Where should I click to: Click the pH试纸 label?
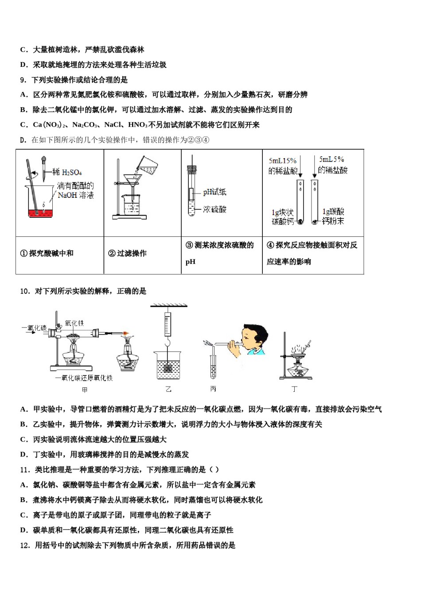[214, 192]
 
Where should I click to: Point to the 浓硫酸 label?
[214, 209]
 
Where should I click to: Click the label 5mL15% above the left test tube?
[282, 161]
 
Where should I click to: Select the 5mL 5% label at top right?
[331, 159]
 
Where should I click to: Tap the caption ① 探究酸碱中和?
[47, 253]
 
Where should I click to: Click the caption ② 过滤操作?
[127, 253]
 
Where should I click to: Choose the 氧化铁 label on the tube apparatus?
[74, 323]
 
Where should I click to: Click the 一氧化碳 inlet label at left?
[35, 328]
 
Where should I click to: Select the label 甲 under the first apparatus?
[85, 390]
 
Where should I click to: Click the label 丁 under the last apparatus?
[294, 389]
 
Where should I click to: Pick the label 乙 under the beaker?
[168, 389]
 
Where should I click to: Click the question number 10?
[24, 291]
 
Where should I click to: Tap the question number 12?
[24, 545]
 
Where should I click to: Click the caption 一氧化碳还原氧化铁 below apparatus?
[84, 378]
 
